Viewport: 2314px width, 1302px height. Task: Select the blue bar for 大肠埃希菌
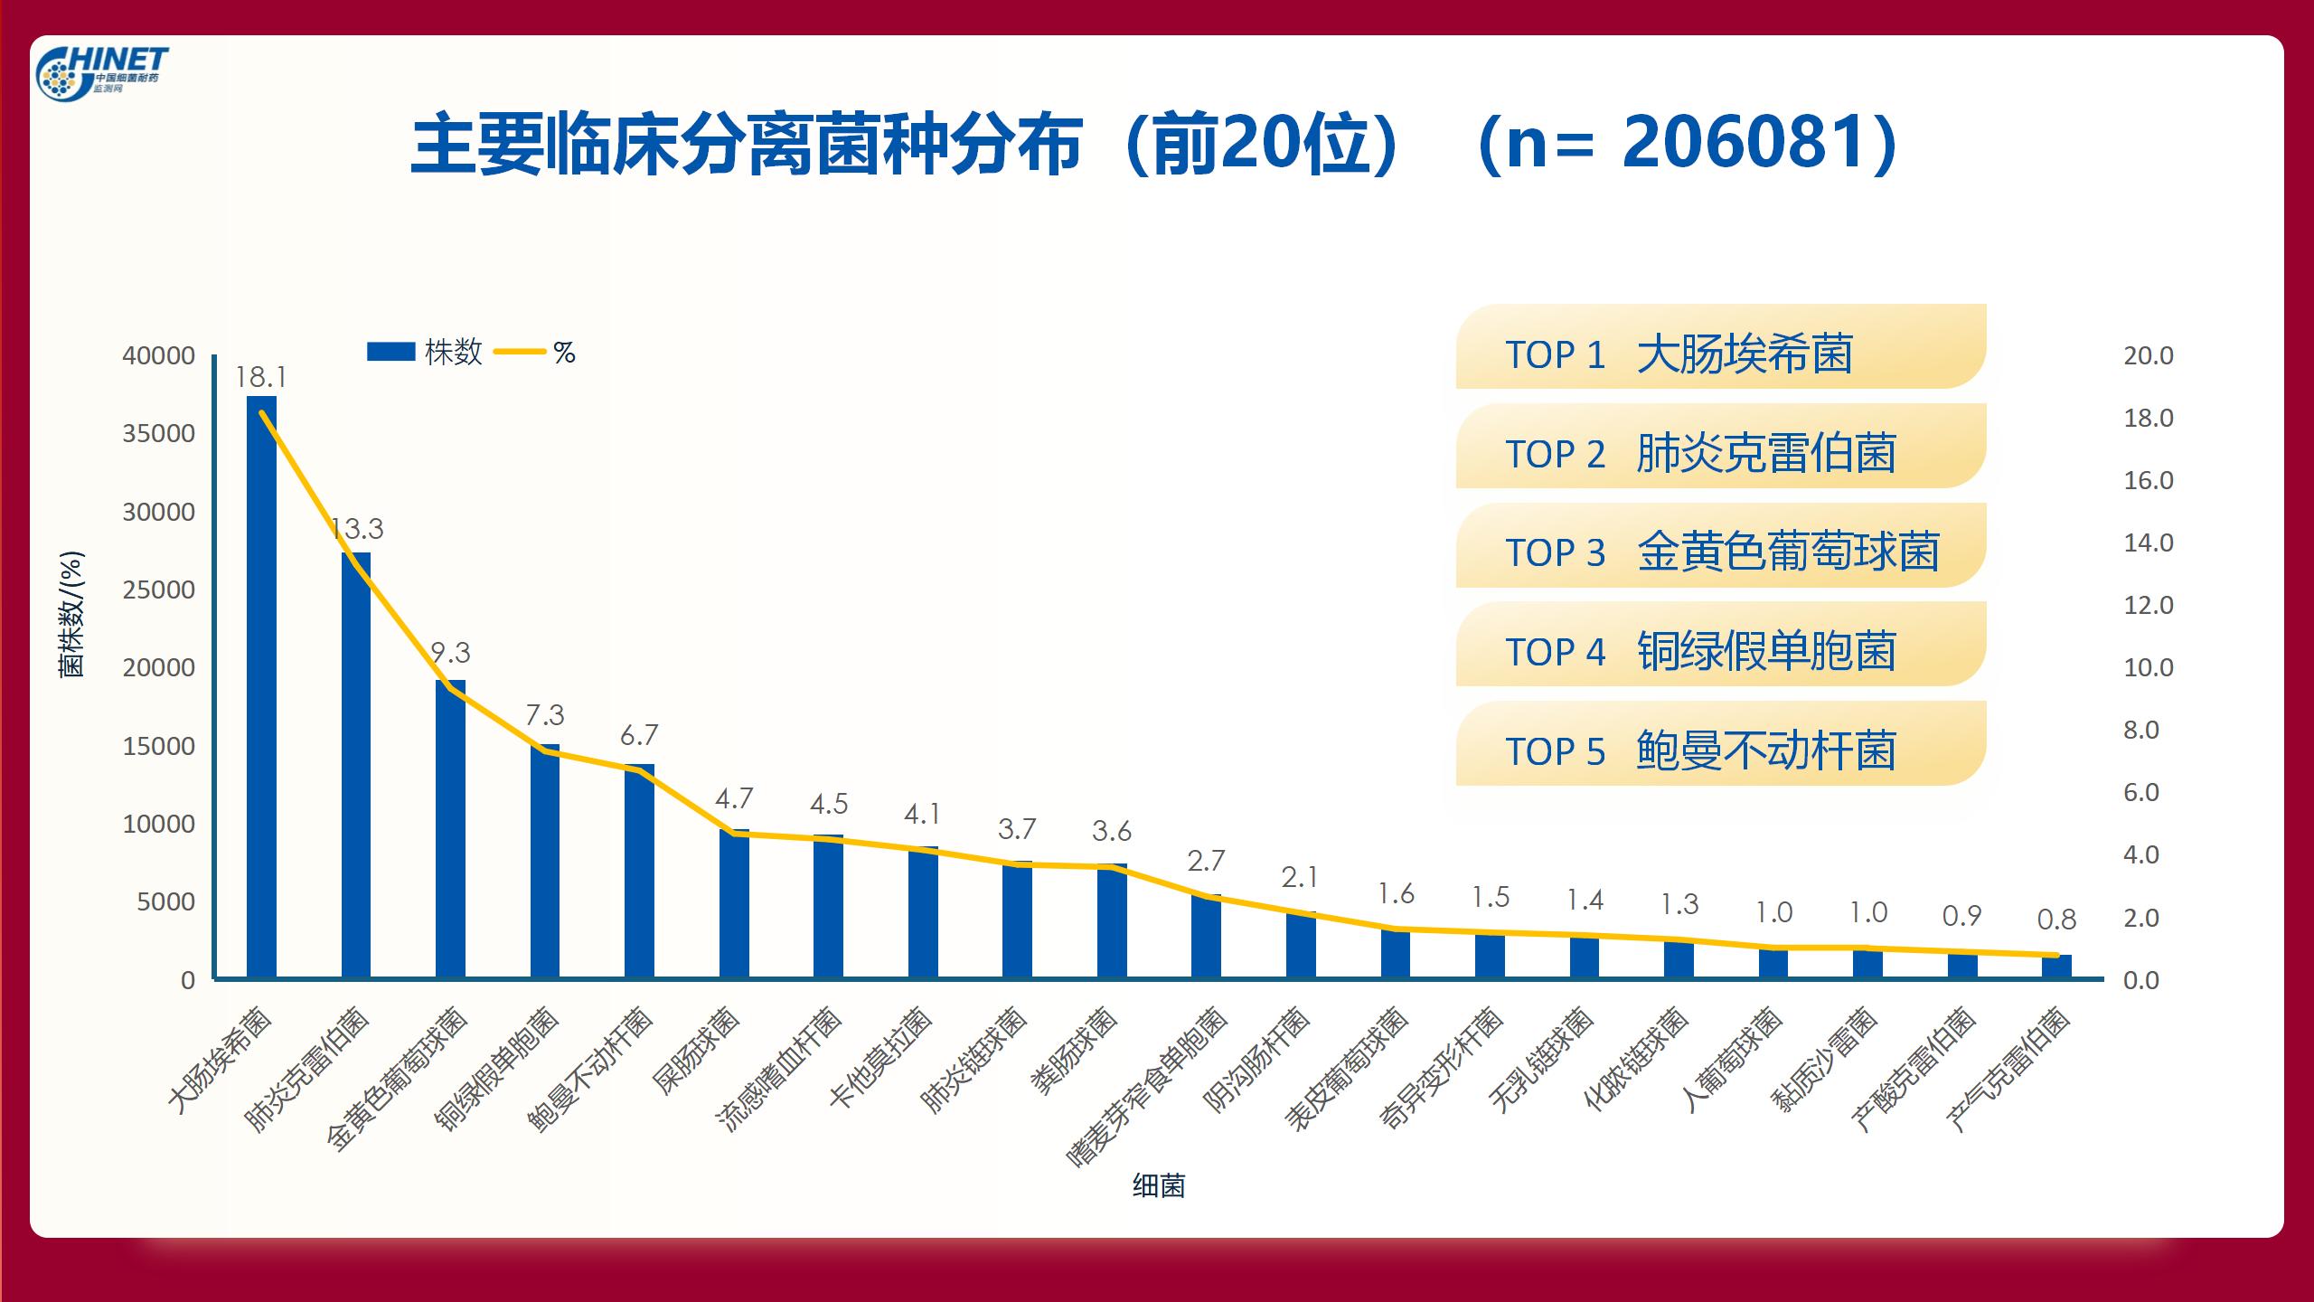[x=261, y=687]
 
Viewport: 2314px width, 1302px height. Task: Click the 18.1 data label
[x=260, y=378]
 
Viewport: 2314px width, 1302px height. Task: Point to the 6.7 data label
[x=639, y=736]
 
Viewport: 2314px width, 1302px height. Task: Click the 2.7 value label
[x=1206, y=862]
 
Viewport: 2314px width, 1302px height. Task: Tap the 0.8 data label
[x=2056, y=920]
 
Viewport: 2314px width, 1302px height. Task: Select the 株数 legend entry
[x=425, y=352]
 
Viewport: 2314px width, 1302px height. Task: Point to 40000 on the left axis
[x=159, y=356]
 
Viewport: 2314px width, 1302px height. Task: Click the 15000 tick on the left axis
[x=159, y=747]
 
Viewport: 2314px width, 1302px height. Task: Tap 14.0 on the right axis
[x=2148, y=542]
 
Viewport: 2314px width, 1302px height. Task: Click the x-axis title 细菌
[x=1158, y=1185]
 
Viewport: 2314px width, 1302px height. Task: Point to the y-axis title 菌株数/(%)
[x=71, y=614]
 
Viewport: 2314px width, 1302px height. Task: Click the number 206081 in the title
[x=1745, y=144]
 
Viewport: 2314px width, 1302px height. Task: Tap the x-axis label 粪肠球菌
[x=1075, y=1052]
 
